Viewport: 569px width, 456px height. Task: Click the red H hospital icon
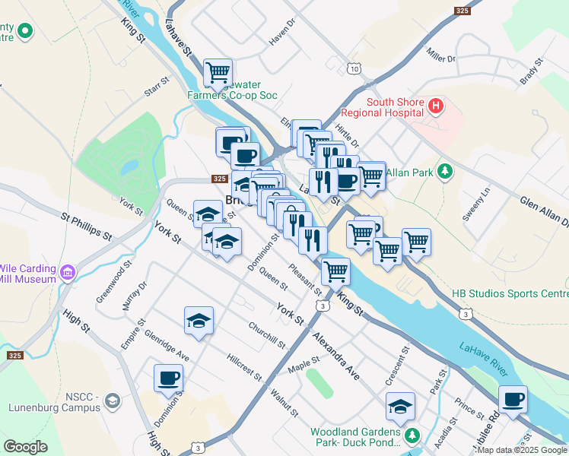[435, 106]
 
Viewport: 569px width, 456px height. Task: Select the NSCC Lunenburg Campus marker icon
[113, 401]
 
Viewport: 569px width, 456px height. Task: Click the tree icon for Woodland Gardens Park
[412, 435]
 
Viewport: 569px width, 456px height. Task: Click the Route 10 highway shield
[355, 69]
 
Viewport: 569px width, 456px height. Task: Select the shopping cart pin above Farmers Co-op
[218, 73]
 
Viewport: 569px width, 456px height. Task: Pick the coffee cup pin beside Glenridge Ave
[169, 378]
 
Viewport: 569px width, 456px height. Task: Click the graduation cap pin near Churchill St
[199, 321]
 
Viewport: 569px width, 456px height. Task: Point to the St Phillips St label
[86, 228]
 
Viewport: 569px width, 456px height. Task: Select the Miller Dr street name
[440, 55]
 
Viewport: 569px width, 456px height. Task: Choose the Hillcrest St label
[244, 366]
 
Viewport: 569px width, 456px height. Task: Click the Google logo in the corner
[26, 447]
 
